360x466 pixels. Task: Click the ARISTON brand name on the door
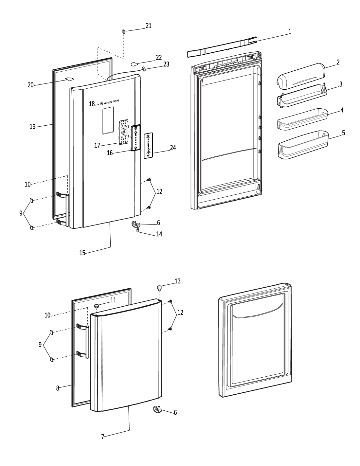point(111,102)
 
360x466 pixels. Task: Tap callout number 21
point(149,26)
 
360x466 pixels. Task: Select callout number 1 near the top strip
point(290,32)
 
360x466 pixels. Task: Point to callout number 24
point(173,148)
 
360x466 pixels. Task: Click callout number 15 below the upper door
point(82,253)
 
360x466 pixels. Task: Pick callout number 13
point(177,281)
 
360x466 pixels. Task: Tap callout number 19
point(32,127)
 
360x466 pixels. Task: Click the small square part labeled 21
point(124,31)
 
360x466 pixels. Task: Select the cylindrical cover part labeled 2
point(301,77)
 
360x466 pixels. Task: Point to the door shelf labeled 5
point(303,145)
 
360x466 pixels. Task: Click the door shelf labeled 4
point(303,119)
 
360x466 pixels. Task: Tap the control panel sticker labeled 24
point(148,145)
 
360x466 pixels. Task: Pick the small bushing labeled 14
point(138,230)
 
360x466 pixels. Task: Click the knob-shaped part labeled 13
point(159,288)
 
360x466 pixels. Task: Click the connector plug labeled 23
point(143,69)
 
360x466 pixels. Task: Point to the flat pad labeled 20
point(70,79)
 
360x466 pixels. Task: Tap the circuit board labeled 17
point(123,132)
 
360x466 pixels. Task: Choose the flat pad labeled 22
point(135,64)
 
